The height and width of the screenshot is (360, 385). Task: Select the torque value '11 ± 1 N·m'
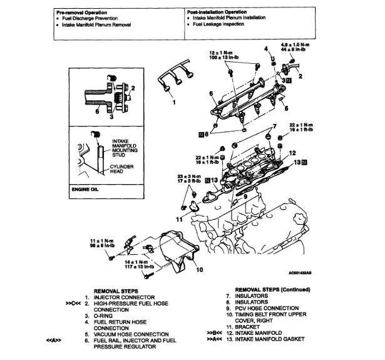click(100, 240)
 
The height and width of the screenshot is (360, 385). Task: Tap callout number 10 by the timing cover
click(199, 270)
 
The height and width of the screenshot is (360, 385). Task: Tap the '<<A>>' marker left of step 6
click(53, 340)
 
